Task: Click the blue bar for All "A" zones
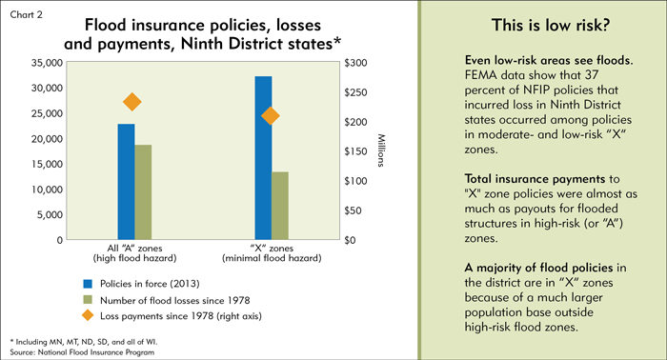[x=126, y=182]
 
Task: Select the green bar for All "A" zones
[x=143, y=192]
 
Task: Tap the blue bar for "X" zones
[x=263, y=158]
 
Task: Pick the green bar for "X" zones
[x=280, y=206]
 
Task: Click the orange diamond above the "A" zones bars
[x=131, y=102]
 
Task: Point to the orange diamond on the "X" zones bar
[x=270, y=115]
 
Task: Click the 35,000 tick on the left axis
[x=47, y=63]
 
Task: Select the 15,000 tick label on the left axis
[x=47, y=164]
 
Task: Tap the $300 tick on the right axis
[x=355, y=63]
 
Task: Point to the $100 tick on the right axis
[x=355, y=181]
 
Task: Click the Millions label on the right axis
[x=381, y=150]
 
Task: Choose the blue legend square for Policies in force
[x=88, y=284]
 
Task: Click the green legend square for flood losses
[x=88, y=300]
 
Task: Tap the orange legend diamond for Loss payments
[x=88, y=315]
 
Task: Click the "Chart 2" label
[x=27, y=15]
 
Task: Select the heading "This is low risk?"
[x=551, y=25]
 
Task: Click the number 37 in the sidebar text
[x=592, y=75]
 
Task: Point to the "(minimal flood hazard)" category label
[x=272, y=258]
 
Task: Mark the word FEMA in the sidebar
[x=481, y=75]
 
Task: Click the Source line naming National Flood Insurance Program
[x=82, y=352]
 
